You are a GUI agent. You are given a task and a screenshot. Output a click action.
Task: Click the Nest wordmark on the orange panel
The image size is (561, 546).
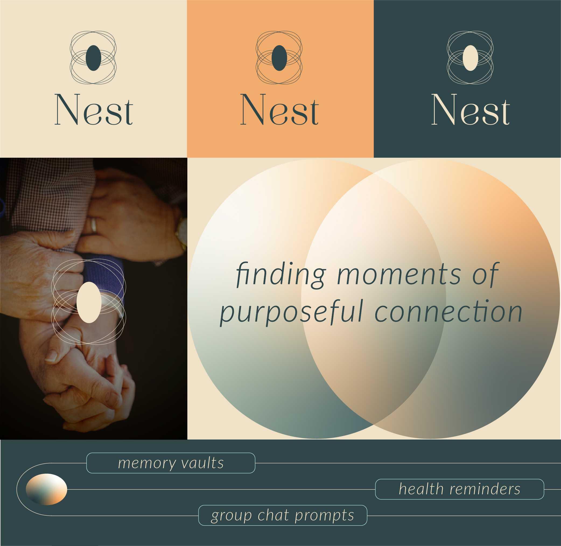(x=279, y=110)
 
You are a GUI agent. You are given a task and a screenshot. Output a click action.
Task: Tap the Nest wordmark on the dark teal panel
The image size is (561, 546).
(x=470, y=110)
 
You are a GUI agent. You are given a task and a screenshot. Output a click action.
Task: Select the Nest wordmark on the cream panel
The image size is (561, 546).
(x=93, y=110)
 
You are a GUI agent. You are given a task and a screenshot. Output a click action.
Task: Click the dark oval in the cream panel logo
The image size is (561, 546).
(x=93, y=58)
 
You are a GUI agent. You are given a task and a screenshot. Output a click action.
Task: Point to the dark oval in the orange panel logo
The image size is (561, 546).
(x=279, y=58)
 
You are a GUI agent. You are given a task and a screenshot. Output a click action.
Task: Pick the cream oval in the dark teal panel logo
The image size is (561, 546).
(x=470, y=58)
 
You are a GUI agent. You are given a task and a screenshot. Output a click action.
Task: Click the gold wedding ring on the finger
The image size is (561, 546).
(x=93, y=225)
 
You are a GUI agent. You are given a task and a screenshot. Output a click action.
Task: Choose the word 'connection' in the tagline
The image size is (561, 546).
(x=449, y=311)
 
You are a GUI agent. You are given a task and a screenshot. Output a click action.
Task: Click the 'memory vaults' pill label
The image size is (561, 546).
(x=171, y=463)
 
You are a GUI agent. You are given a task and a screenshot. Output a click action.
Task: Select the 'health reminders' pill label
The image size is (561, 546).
(x=460, y=489)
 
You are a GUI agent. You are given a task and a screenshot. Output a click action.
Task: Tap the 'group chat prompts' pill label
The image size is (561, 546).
(x=283, y=515)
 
